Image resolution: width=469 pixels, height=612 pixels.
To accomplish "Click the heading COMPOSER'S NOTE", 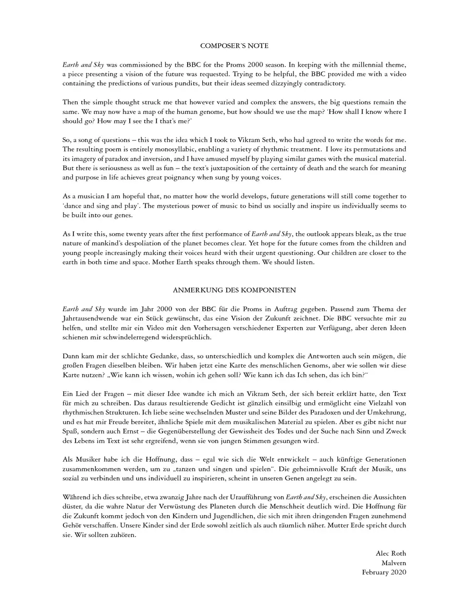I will [x=234, y=46].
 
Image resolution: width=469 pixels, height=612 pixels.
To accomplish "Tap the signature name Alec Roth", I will [x=391, y=553].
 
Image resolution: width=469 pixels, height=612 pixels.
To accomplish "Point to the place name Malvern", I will [x=394, y=563].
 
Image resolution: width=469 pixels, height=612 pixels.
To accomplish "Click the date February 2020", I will [x=384, y=572].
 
